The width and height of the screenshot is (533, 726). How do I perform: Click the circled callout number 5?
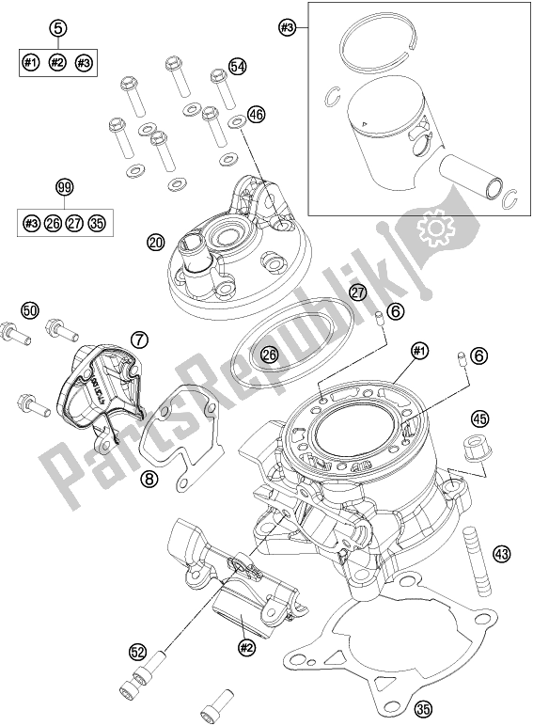58,28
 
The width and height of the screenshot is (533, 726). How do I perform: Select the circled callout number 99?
65,189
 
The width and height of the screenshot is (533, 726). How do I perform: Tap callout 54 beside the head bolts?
238,67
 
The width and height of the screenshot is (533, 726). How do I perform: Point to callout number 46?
256,116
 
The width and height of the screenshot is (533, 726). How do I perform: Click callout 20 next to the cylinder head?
156,243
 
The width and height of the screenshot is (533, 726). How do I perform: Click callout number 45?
479,419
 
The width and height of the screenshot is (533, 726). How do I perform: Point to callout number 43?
501,554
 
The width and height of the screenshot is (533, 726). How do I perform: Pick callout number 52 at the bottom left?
138,650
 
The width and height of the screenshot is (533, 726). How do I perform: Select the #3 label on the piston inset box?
288,29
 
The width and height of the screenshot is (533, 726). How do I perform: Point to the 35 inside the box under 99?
96,223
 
